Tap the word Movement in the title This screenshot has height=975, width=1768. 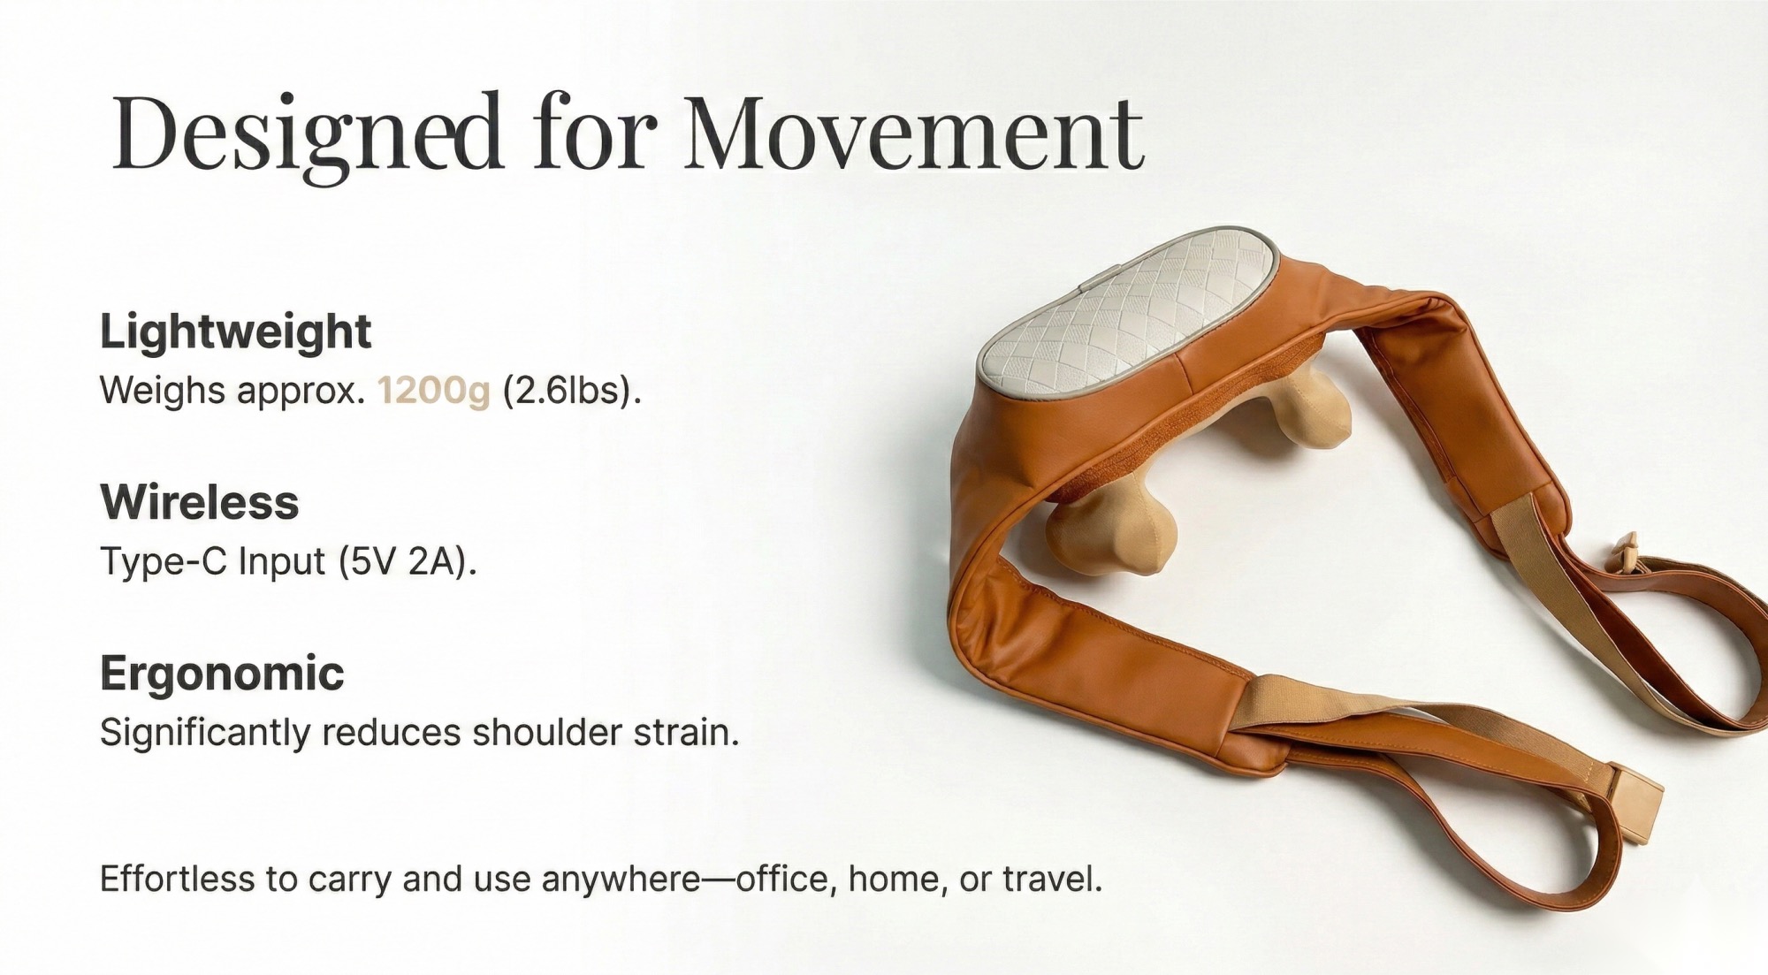click(914, 133)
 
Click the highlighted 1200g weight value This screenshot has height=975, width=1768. click(433, 391)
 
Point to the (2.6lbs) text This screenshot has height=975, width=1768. click(572, 391)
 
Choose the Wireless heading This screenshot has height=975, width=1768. click(200, 502)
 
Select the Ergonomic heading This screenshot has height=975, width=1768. click(222, 674)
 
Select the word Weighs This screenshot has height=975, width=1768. click(163, 391)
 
